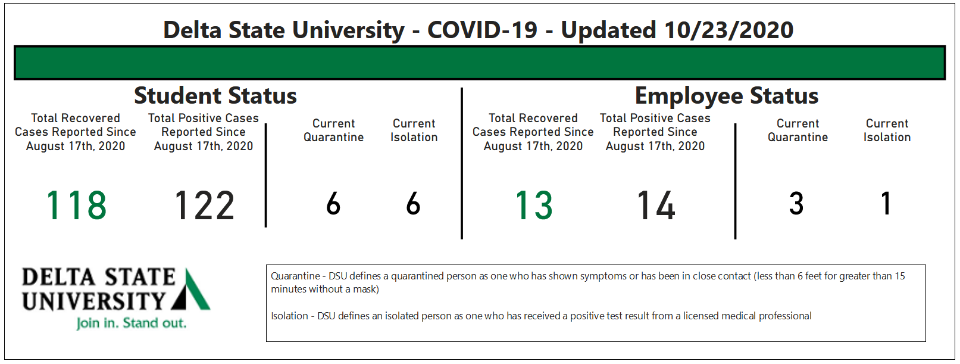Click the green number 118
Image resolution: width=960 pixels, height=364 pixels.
[x=76, y=206]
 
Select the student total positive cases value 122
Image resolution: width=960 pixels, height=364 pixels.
[x=204, y=206]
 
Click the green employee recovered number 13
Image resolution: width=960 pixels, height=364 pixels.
[x=534, y=206]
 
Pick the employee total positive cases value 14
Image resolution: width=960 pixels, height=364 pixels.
[x=656, y=206]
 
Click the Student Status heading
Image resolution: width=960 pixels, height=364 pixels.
[x=215, y=95]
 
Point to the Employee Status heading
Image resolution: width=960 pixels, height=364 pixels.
[x=727, y=95]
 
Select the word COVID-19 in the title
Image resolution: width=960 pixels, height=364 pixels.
[x=482, y=30]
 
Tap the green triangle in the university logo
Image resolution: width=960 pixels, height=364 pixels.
[x=195, y=291]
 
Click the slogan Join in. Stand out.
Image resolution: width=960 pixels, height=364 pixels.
[x=131, y=323]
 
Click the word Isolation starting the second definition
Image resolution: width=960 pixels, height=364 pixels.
[x=289, y=316]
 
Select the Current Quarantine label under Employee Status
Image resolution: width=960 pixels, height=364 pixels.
[x=798, y=130]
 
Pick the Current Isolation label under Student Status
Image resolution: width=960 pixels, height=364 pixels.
[x=414, y=130]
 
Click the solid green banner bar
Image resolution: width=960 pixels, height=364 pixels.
[x=480, y=63]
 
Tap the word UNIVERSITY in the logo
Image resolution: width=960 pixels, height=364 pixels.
[x=93, y=300]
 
